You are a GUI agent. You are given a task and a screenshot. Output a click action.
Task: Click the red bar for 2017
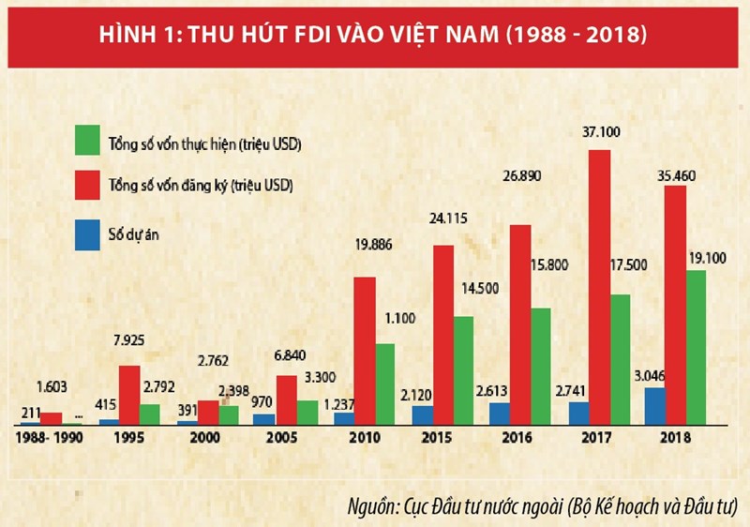point(600,287)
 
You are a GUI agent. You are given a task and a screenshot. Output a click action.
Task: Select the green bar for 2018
point(695,347)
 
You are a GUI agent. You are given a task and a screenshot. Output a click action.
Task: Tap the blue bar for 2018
point(654,405)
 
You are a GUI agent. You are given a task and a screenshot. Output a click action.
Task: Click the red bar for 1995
point(129,395)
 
